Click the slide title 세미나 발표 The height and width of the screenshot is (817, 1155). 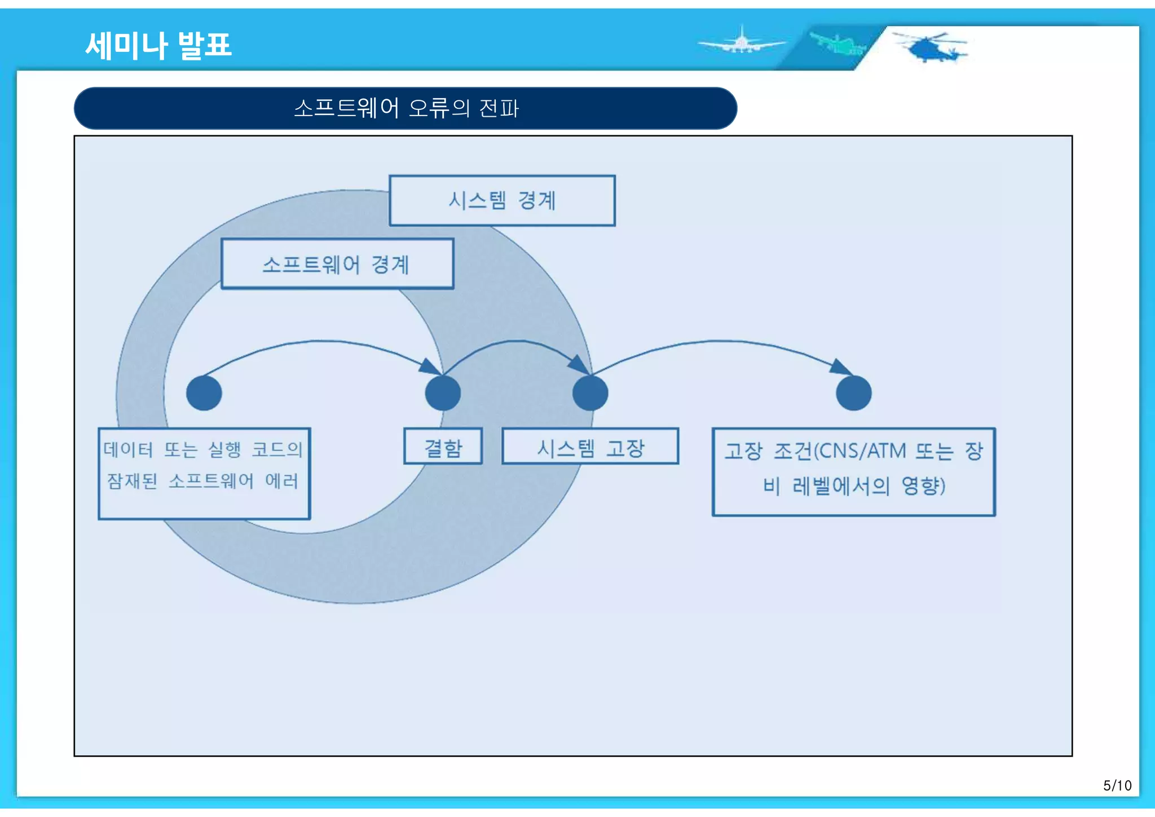tap(158, 45)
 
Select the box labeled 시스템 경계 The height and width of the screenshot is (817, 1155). tap(502, 201)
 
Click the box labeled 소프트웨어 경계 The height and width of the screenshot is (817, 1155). tap(337, 264)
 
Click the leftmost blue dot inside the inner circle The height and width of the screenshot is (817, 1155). tap(204, 393)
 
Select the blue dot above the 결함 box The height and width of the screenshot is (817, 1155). tap(443, 393)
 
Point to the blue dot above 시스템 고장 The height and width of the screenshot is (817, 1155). tap(590, 393)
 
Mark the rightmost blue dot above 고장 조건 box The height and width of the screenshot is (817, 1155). tap(853, 393)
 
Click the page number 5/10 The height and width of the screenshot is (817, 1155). tap(1117, 785)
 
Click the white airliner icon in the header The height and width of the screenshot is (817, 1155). tap(741, 43)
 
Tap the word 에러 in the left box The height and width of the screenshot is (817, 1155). tap(281, 481)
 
